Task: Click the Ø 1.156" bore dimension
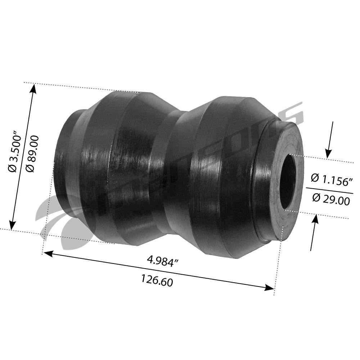[330, 179]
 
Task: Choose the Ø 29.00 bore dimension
[330, 199]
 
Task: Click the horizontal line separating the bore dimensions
[329, 190]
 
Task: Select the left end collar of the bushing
[67, 158]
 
